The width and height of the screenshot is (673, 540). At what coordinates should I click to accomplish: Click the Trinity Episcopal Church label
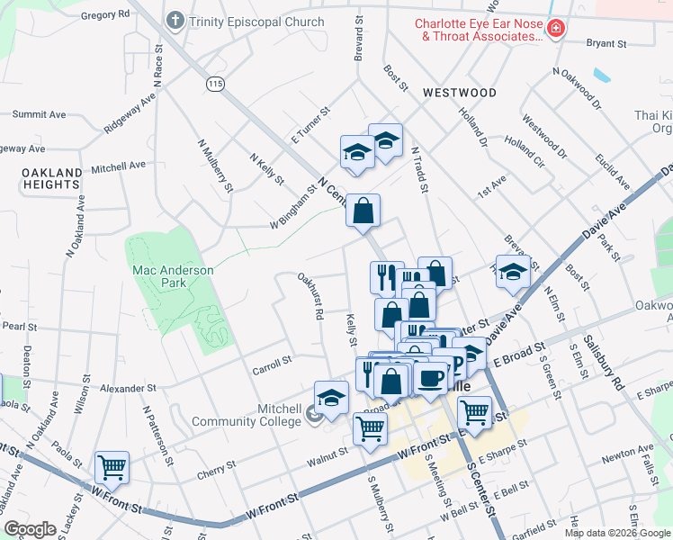click(x=257, y=22)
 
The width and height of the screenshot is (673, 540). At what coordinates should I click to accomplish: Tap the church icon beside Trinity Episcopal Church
click(x=175, y=21)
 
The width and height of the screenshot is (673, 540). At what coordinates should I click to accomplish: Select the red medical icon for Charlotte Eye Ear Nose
click(x=557, y=30)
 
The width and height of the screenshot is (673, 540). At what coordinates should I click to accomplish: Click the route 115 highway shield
click(x=214, y=83)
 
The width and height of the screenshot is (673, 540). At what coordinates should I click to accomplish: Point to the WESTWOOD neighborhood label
click(x=459, y=93)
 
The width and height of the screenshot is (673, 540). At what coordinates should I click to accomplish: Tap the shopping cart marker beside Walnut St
click(x=370, y=428)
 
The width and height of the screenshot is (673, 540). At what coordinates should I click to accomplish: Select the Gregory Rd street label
click(x=105, y=15)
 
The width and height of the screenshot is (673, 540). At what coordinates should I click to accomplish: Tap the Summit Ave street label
click(x=39, y=114)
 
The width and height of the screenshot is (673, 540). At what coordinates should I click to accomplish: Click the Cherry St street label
click(x=217, y=467)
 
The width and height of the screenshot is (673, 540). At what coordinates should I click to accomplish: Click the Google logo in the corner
click(x=30, y=529)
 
